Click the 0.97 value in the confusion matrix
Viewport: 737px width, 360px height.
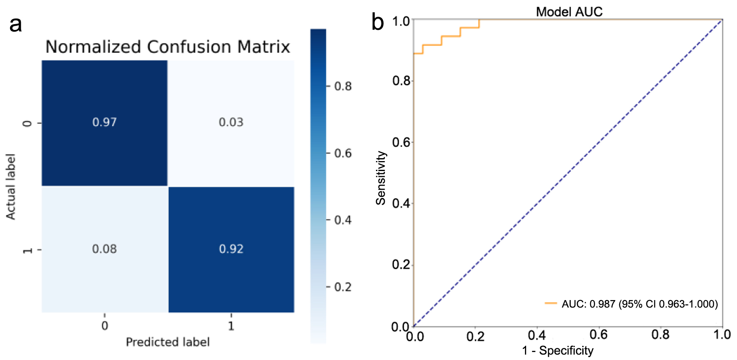click(104, 122)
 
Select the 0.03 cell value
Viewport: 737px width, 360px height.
click(231, 122)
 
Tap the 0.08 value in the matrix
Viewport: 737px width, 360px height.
click(104, 249)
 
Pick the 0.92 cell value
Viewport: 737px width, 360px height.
click(231, 249)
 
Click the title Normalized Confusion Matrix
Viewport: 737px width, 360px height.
click(168, 47)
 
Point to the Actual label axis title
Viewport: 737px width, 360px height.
click(10, 186)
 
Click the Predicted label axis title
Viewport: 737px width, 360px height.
click(168, 342)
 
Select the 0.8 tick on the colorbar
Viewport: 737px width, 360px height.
click(343, 86)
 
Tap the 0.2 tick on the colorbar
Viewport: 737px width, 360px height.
click(343, 287)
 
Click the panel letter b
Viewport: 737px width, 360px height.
click(378, 22)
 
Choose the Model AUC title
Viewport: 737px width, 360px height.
click(569, 12)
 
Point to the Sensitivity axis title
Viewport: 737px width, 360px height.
click(381, 178)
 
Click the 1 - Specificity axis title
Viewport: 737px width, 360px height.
click(558, 350)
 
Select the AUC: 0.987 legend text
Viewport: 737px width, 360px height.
click(640, 304)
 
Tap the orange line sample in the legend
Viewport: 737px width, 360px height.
click(551, 303)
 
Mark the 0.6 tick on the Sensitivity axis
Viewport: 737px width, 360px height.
click(401, 142)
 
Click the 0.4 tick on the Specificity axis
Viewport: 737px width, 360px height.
click(537, 335)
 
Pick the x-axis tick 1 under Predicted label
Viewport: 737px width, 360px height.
click(231, 325)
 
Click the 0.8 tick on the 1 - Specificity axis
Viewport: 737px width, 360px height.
click(660, 335)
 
